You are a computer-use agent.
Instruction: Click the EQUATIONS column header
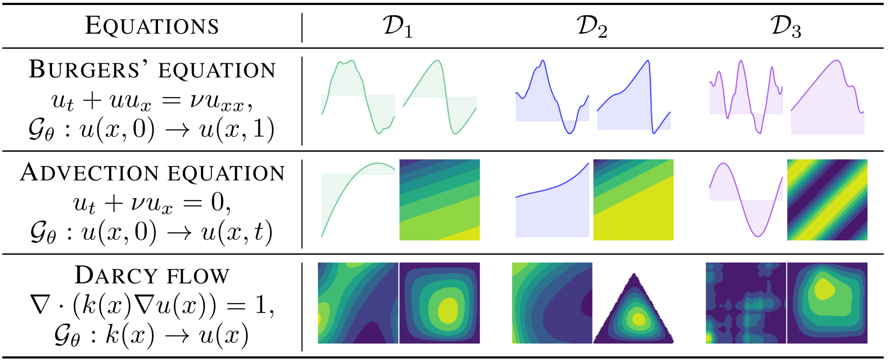[152, 26]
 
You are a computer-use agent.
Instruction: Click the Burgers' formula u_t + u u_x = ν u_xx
[152, 102]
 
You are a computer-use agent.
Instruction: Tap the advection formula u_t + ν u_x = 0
[152, 203]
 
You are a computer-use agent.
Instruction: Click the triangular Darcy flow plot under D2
[634, 310]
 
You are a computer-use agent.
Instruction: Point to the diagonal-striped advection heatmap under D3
[827, 200]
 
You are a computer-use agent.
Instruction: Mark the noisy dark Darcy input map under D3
[746, 303]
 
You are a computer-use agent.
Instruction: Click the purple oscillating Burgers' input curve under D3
[746, 96]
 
